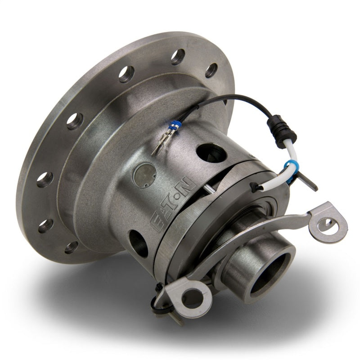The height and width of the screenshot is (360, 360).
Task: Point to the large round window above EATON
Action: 211,153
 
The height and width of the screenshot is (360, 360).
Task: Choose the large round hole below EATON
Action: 138,242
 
